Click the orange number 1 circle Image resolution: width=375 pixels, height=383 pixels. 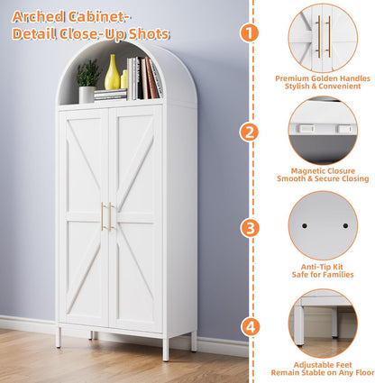pos(248,32)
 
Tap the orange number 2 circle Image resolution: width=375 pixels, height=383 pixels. pos(248,132)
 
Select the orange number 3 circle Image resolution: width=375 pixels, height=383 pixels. pos(248,227)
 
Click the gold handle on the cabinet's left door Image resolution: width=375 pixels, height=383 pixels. pos(103,216)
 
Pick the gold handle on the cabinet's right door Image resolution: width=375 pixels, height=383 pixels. pos(112,216)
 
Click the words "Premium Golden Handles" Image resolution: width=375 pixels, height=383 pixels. pos(323,78)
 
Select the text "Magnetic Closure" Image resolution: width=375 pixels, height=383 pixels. pos(323,169)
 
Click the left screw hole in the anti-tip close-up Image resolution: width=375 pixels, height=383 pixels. pos(306,224)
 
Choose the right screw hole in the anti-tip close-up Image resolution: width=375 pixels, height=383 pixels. pos(343,225)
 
